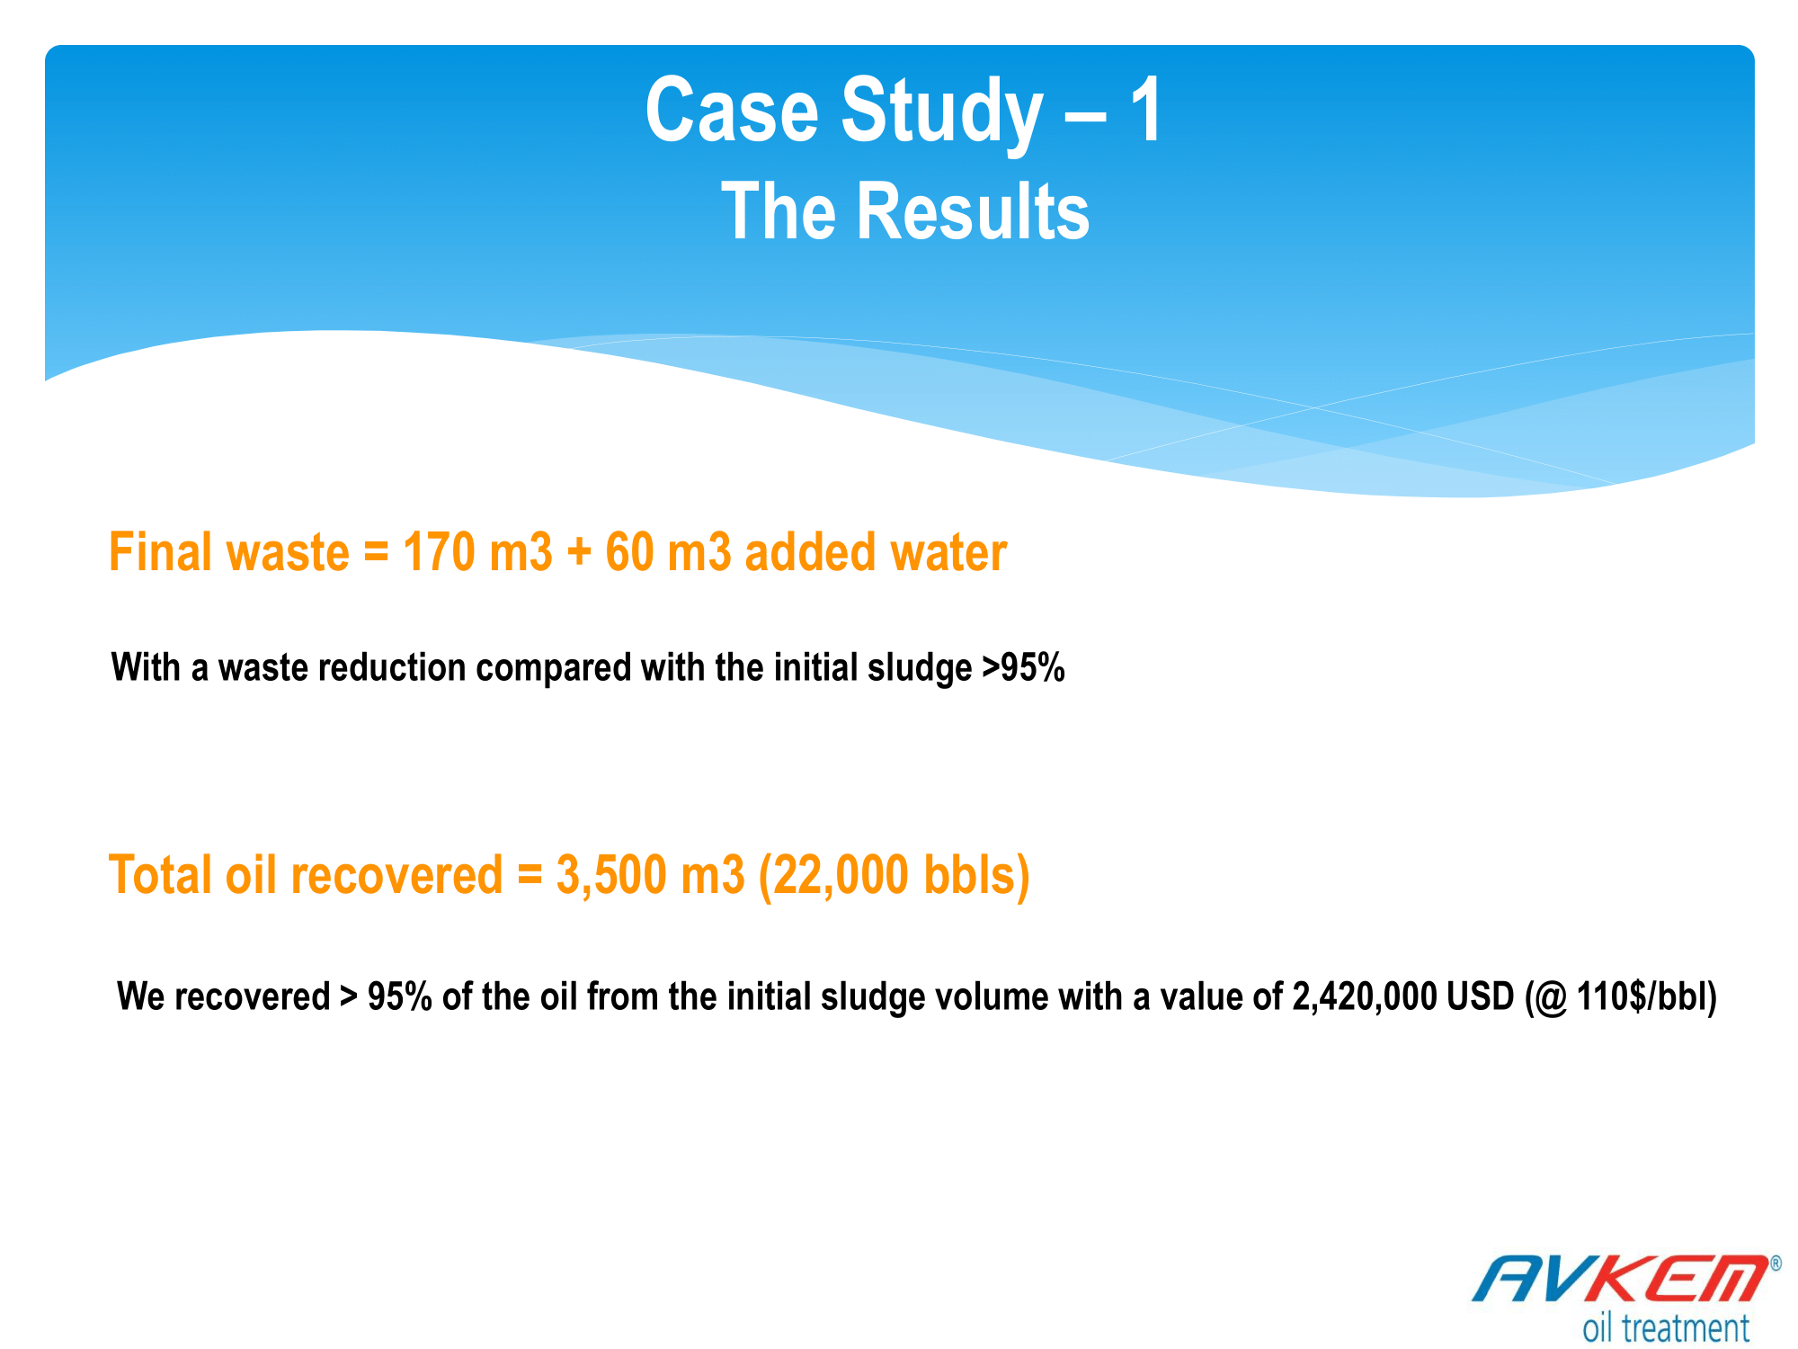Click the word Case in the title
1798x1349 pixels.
coord(732,110)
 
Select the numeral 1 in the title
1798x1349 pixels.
coord(1146,110)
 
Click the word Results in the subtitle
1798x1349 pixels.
coord(973,211)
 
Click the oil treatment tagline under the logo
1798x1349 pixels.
coord(1666,1327)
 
